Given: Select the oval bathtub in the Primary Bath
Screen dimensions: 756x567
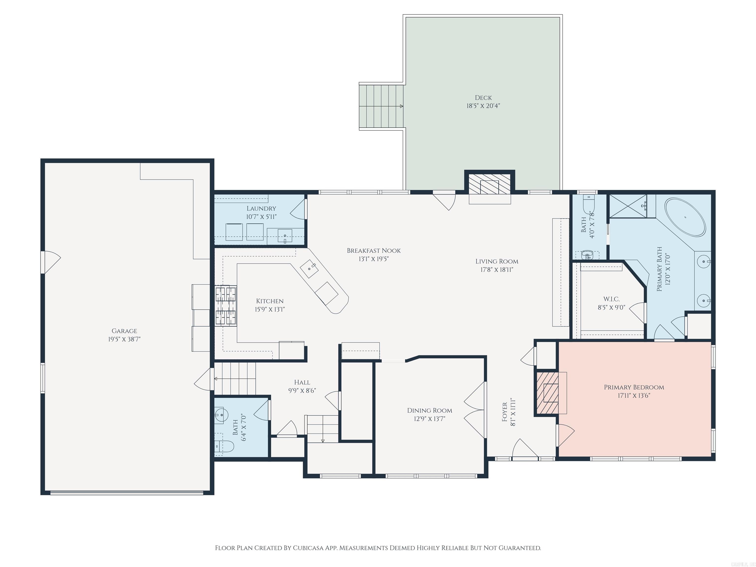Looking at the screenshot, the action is click(x=685, y=217).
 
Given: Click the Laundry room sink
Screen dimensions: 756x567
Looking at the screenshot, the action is click(x=285, y=236).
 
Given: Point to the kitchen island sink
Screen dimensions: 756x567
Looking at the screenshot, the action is click(x=309, y=269).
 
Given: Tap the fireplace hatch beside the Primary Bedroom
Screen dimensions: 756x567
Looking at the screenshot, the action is click(x=547, y=393).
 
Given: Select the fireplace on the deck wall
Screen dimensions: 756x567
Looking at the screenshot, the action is click(x=489, y=187).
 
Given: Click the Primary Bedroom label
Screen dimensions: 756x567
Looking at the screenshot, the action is click(x=634, y=387).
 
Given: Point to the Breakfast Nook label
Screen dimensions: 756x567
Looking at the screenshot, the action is click(x=374, y=251).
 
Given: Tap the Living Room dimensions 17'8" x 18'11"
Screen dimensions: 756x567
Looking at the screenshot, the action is click(x=497, y=270).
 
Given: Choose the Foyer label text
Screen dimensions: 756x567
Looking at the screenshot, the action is click(x=504, y=412).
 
